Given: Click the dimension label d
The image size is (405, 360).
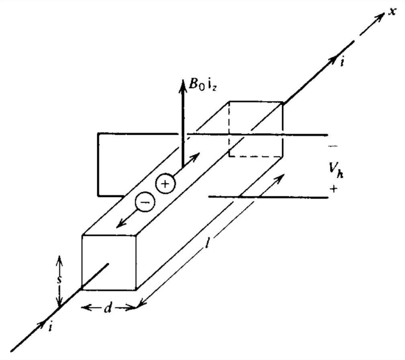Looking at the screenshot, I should (x=108, y=309).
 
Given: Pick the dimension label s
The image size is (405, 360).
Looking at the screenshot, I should (x=59, y=280).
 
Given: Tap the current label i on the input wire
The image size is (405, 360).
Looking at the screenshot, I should (x=50, y=327).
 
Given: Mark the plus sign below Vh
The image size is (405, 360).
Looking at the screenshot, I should (x=333, y=189).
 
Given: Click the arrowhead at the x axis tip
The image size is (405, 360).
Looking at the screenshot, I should (x=379, y=20).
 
